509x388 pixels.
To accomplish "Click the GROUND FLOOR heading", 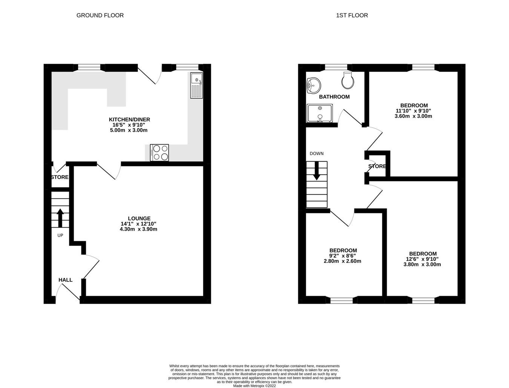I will [x=100, y=15].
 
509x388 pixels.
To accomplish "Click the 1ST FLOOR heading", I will [x=352, y=15].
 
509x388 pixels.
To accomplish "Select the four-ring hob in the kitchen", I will [x=159, y=153].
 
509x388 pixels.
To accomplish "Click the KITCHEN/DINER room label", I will [x=129, y=120].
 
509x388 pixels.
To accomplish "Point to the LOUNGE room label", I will [x=139, y=218].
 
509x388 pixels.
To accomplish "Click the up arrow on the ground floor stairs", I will [x=60, y=217].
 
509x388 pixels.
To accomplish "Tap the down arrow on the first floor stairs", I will [x=316, y=171].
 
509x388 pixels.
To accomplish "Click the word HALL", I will [x=65, y=280].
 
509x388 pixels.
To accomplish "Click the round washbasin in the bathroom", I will [x=313, y=85].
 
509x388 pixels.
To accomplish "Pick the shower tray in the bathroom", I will [x=320, y=113].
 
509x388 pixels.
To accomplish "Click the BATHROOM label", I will [x=334, y=97].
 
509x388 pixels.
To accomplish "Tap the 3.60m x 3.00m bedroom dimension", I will [x=413, y=116].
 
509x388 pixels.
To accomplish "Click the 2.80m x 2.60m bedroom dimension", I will [x=342, y=261].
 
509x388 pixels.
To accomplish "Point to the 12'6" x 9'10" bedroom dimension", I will [x=422, y=259].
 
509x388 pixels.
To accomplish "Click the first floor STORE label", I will [x=377, y=167].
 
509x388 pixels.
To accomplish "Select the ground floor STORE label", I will [x=60, y=177].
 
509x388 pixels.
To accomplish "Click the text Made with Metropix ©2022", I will [x=255, y=385].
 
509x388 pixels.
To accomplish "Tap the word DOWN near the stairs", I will [x=316, y=154].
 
